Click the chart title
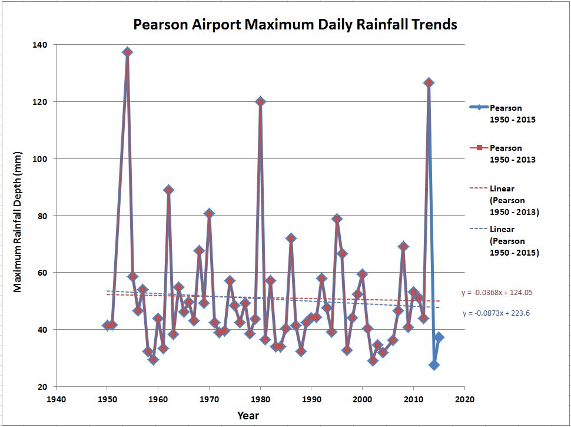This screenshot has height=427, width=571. [x=295, y=25]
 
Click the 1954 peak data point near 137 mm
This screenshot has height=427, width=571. [x=127, y=52]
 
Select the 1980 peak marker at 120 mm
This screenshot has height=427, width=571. [x=260, y=101]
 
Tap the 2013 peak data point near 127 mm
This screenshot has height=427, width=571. [x=429, y=82]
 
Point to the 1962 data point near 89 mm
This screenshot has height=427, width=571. [x=168, y=190]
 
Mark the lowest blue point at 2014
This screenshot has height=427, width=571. [x=434, y=365]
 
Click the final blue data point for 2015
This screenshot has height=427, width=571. [x=439, y=337]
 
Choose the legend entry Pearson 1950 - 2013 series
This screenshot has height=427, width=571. [x=505, y=153]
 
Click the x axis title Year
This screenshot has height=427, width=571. [x=248, y=416]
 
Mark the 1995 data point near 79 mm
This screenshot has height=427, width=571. [x=337, y=219]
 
